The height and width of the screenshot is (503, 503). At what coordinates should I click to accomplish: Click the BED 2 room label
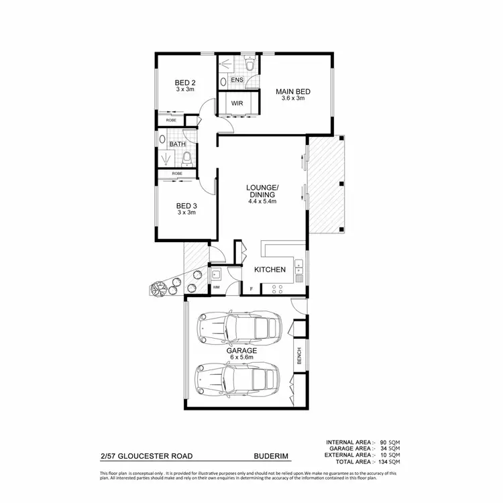pyautogui.click(x=185, y=85)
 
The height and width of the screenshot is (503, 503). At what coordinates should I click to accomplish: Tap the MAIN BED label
pyautogui.click(x=292, y=91)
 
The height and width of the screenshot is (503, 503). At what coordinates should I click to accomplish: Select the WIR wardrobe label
pyautogui.click(x=237, y=104)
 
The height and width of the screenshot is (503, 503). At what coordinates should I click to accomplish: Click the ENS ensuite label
pyautogui.click(x=237, y=80)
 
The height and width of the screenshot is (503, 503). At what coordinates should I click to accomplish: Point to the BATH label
pyautogui.click(x=177, y=144)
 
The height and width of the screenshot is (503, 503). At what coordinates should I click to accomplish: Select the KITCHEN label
pyautogui.click(x=270, y=270)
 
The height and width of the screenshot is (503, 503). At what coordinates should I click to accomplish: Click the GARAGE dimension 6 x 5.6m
pyautogui.click(x=241, y=357)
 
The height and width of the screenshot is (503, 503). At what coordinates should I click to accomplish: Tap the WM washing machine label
pyautogui.click(x=216, y=288)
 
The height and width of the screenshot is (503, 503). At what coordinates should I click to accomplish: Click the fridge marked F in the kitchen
pyautogui.click(x=251, y=288)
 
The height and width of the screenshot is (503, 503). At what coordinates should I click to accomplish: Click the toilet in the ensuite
pyautogui.click(x=249, y=66)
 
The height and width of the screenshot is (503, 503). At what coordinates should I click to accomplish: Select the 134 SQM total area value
pyautogui.click(x=389, y=462)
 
